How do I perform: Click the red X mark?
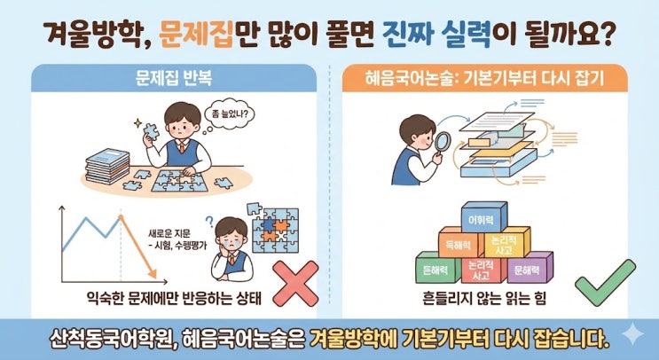(296, 284)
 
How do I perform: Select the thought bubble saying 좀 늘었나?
(230, 114)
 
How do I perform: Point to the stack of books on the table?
(107, 166)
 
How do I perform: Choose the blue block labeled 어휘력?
(483, 216)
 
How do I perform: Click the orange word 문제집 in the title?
(197, 35)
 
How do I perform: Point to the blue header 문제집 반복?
(174, 78)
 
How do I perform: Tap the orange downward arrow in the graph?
(137, 247)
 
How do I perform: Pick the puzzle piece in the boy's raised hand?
(151, 130)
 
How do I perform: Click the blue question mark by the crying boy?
(209, 222)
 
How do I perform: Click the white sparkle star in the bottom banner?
(632, 335)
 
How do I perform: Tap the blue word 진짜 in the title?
(407, 35)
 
